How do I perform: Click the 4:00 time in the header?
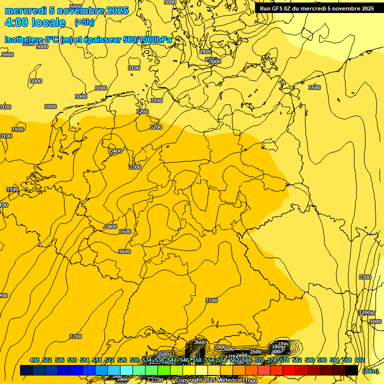click(x=16, y=22)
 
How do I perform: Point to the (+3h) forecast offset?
click(x=84, y=22)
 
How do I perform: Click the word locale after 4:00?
click(x=48, y=22)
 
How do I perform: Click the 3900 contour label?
click(x=220, y=347)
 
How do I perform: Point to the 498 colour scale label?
click(x=34, y=360)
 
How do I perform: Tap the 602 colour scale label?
click(x=359, y=360)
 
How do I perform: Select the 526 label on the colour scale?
click(x=122, y=360)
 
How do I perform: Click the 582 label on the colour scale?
click(x=297, y=360)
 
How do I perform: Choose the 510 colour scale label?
click(x=72, y=360)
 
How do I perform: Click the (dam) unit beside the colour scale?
click(x=370, y=370)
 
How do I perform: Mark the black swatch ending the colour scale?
click(x=351, y=370)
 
